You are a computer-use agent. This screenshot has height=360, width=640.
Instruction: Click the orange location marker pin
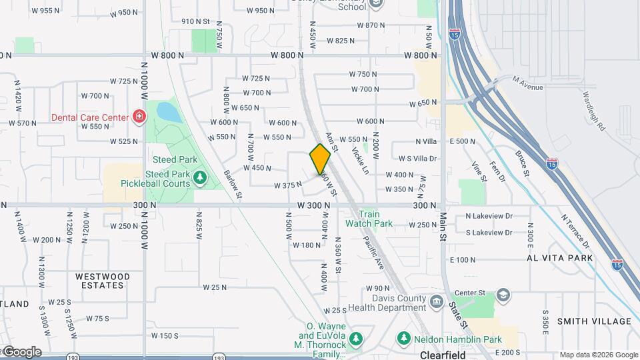320,159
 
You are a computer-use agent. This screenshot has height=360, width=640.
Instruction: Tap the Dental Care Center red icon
139,118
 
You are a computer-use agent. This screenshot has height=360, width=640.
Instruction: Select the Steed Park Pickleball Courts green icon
199,178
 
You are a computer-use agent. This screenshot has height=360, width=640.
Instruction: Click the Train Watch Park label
369,219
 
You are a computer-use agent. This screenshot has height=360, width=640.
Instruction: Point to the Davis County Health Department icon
437,302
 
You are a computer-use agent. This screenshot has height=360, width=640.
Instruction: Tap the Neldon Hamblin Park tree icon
403,339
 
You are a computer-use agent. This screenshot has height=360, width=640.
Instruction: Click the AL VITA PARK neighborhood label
559,257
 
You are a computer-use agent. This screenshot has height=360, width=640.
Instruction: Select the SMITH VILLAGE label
594,321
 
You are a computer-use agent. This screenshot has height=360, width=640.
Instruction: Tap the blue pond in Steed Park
169,112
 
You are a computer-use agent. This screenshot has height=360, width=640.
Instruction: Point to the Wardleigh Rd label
593,111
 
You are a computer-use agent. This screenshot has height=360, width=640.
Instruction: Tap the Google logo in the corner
21,352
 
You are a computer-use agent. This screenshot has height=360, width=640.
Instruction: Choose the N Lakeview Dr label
489,216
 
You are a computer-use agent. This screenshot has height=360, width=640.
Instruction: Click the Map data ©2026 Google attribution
599,355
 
